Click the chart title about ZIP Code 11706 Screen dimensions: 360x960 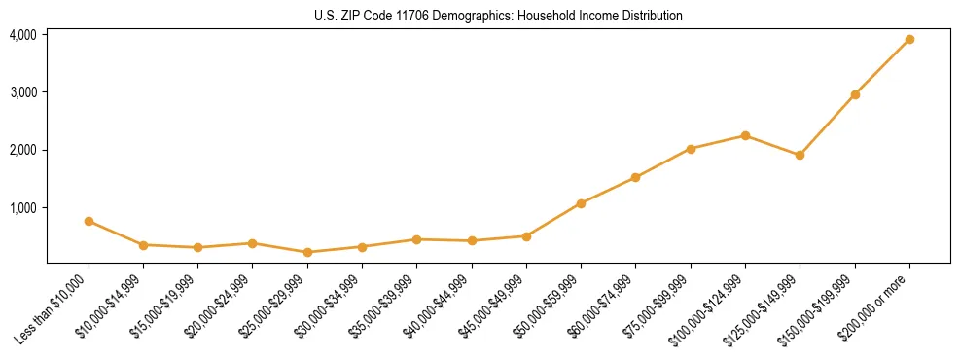pos(498,16)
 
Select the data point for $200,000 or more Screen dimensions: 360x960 pos(909,39)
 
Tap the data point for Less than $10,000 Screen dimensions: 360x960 pos(89,221)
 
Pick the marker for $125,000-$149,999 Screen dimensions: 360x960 pos(800,155)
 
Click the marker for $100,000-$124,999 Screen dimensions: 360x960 pos(745,135)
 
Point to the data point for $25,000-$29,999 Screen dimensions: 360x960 pos(307,252)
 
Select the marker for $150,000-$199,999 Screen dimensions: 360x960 pos(855,94)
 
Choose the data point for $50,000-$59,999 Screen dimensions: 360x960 pos(581,203)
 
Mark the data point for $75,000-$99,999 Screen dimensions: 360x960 pos(691,149)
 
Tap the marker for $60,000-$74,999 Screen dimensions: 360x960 pos(635,177)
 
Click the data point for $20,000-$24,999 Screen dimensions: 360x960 pos(253,243)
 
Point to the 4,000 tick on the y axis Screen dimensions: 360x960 pos(23,34)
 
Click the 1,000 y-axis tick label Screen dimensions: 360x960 pos(23,207)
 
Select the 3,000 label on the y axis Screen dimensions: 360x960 pos(23,92)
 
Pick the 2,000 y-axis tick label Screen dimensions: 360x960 pos(23,150)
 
